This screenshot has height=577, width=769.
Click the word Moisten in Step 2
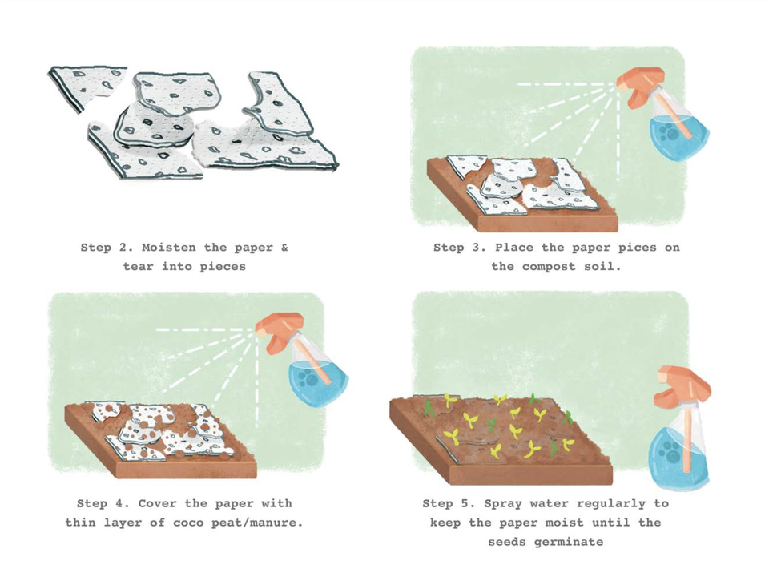point(169,248)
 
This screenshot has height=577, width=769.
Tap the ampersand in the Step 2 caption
point(284,248)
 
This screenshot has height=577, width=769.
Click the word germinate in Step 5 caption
point(569,543)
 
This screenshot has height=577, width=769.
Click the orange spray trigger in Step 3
point(640,87)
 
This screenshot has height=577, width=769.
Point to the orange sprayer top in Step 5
point(683,385)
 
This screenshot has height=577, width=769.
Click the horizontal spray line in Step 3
point(564,84)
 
